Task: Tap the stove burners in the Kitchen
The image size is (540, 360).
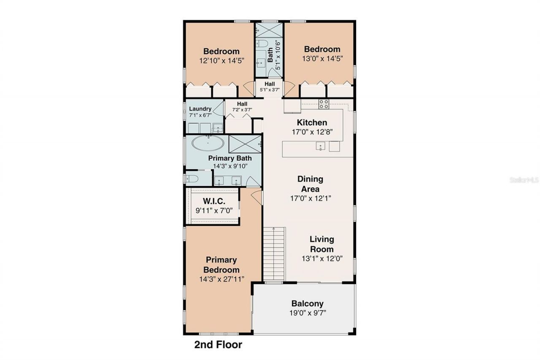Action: point(324,104)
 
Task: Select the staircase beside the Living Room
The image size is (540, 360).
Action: point(275,253)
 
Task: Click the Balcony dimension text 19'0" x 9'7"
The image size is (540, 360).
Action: point(308,313)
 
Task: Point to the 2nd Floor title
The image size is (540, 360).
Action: point(218,345)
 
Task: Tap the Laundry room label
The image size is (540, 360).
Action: point(200,109)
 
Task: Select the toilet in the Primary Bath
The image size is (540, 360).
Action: point(190,178)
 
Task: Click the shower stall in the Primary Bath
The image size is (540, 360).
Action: point(245,144)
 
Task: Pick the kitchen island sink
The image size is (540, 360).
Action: point(321,146)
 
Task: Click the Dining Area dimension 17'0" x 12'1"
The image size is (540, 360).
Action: point(310,198)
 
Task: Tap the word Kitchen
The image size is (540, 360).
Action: point(312,123)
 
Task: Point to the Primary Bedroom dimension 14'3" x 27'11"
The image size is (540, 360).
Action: point(221,279)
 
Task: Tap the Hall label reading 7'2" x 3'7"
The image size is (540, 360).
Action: point(242,110)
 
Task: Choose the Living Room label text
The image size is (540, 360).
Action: point(321,244)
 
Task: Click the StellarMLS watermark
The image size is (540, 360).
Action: point(524,179)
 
